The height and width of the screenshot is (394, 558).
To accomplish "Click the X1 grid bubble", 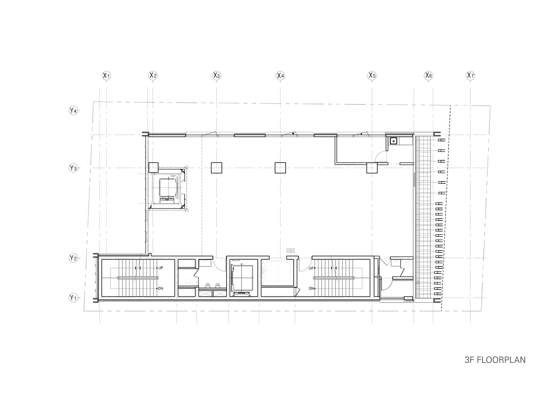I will (x=106, y=75).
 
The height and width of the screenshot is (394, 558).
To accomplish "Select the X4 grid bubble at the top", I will (x=280, y=75).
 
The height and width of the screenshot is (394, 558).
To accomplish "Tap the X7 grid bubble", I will (x=470, y=75).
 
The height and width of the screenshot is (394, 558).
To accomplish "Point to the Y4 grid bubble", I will (x=73, y=111).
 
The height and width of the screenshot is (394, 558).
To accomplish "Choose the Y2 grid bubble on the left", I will (x=73, y=258).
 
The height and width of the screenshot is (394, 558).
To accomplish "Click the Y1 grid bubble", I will (x=73, y=298).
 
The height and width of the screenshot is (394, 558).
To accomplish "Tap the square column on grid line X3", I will (x=217, y=168).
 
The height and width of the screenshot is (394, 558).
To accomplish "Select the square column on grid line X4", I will (x=281, y=168).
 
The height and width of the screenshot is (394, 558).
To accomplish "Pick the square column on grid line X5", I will (x=372, y=168).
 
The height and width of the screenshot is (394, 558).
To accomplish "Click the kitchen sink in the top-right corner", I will (x=393, y=141).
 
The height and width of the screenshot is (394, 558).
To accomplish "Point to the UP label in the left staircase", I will (x=161, y=268).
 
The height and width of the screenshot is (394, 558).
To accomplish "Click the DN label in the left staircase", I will (x=161, y=288).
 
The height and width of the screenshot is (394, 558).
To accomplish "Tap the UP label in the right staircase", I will (x=311, y=268).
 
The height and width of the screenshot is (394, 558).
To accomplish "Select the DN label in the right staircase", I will (x=311, y=288).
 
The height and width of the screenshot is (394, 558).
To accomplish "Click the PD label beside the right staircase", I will (x=376, y=277).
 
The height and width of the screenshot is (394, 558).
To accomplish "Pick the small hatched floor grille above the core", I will (x=291, y=251).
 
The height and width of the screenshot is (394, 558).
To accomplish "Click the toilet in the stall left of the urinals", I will (x=188, y=280).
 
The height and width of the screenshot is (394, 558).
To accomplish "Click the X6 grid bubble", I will (x=429, y=75).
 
